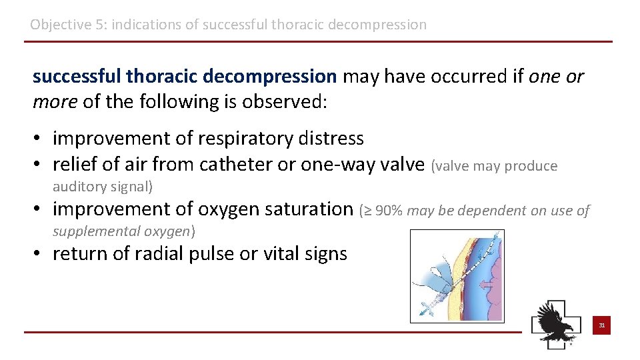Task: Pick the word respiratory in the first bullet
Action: tap(254, 139)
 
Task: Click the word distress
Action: tap(333, 139)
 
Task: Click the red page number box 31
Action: tap(601, 326)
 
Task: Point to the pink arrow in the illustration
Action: tap(486, 285)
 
